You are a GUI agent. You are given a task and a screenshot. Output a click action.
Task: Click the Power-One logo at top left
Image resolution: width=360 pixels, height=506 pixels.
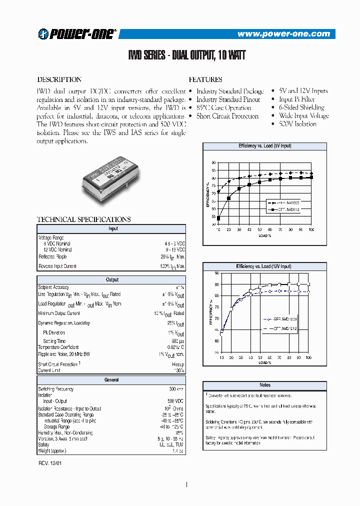(x=77, y=33)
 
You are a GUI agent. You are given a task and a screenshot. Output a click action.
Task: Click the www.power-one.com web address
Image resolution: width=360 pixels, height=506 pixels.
(x=283, y=34)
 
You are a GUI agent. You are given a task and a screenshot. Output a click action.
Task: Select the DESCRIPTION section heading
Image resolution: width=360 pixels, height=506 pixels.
(x=59, y=79)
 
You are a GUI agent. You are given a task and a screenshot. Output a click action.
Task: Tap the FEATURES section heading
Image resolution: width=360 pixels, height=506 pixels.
(x=205, y=79)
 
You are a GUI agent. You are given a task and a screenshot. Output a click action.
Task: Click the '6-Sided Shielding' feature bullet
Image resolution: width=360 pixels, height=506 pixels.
(x=301, y=107)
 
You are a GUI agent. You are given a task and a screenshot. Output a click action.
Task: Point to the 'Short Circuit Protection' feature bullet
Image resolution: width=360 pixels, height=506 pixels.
(x=227, y=116)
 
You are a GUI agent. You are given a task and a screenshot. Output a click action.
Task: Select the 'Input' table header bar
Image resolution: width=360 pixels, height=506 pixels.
(x=112, y=228)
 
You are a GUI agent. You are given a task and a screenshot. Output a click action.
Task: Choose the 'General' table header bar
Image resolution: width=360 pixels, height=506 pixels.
(x=112, y=380)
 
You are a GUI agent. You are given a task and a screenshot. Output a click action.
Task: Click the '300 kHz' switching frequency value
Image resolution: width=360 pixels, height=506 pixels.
(x=176, y=389)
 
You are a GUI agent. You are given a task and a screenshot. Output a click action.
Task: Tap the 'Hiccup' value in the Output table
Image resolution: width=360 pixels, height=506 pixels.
(x=178, y=364)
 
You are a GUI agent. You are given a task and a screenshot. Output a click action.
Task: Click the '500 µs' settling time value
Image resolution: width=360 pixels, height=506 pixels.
(x=177, y=341)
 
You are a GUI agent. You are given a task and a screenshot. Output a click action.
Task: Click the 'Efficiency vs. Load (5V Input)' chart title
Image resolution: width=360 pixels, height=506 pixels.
(x=264, y=146)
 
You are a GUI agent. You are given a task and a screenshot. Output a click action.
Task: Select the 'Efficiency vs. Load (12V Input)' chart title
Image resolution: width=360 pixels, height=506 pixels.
(x=264, y=266)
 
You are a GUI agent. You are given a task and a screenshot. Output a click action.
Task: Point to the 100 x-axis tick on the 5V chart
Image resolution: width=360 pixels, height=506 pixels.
(x=311, y=229)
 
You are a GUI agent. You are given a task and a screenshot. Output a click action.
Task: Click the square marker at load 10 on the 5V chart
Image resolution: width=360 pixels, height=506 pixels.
(x=218, y=218)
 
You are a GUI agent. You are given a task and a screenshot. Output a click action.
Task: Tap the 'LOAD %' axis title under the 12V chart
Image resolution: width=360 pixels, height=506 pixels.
(x=264, y=362)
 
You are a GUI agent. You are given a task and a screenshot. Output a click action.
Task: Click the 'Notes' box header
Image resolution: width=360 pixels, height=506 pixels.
(x=264, y=385)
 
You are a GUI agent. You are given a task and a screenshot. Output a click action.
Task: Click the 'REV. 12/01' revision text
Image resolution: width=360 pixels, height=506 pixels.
(x=50, y=463)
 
